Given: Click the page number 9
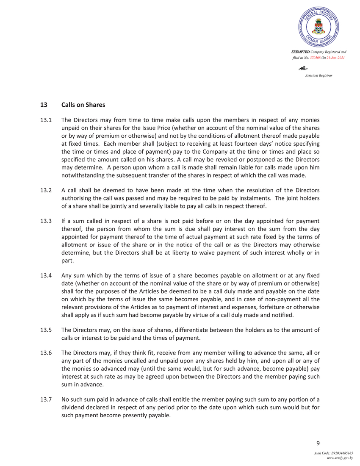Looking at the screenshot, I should pyautogui.click(x=318, y=444).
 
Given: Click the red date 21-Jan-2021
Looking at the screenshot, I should pyautogui.click(x=338, y=57).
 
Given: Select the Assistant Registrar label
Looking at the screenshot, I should pyautogui.click(x=318, y=75).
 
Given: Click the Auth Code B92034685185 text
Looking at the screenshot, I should pyautogui.click(x=334, y=453).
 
